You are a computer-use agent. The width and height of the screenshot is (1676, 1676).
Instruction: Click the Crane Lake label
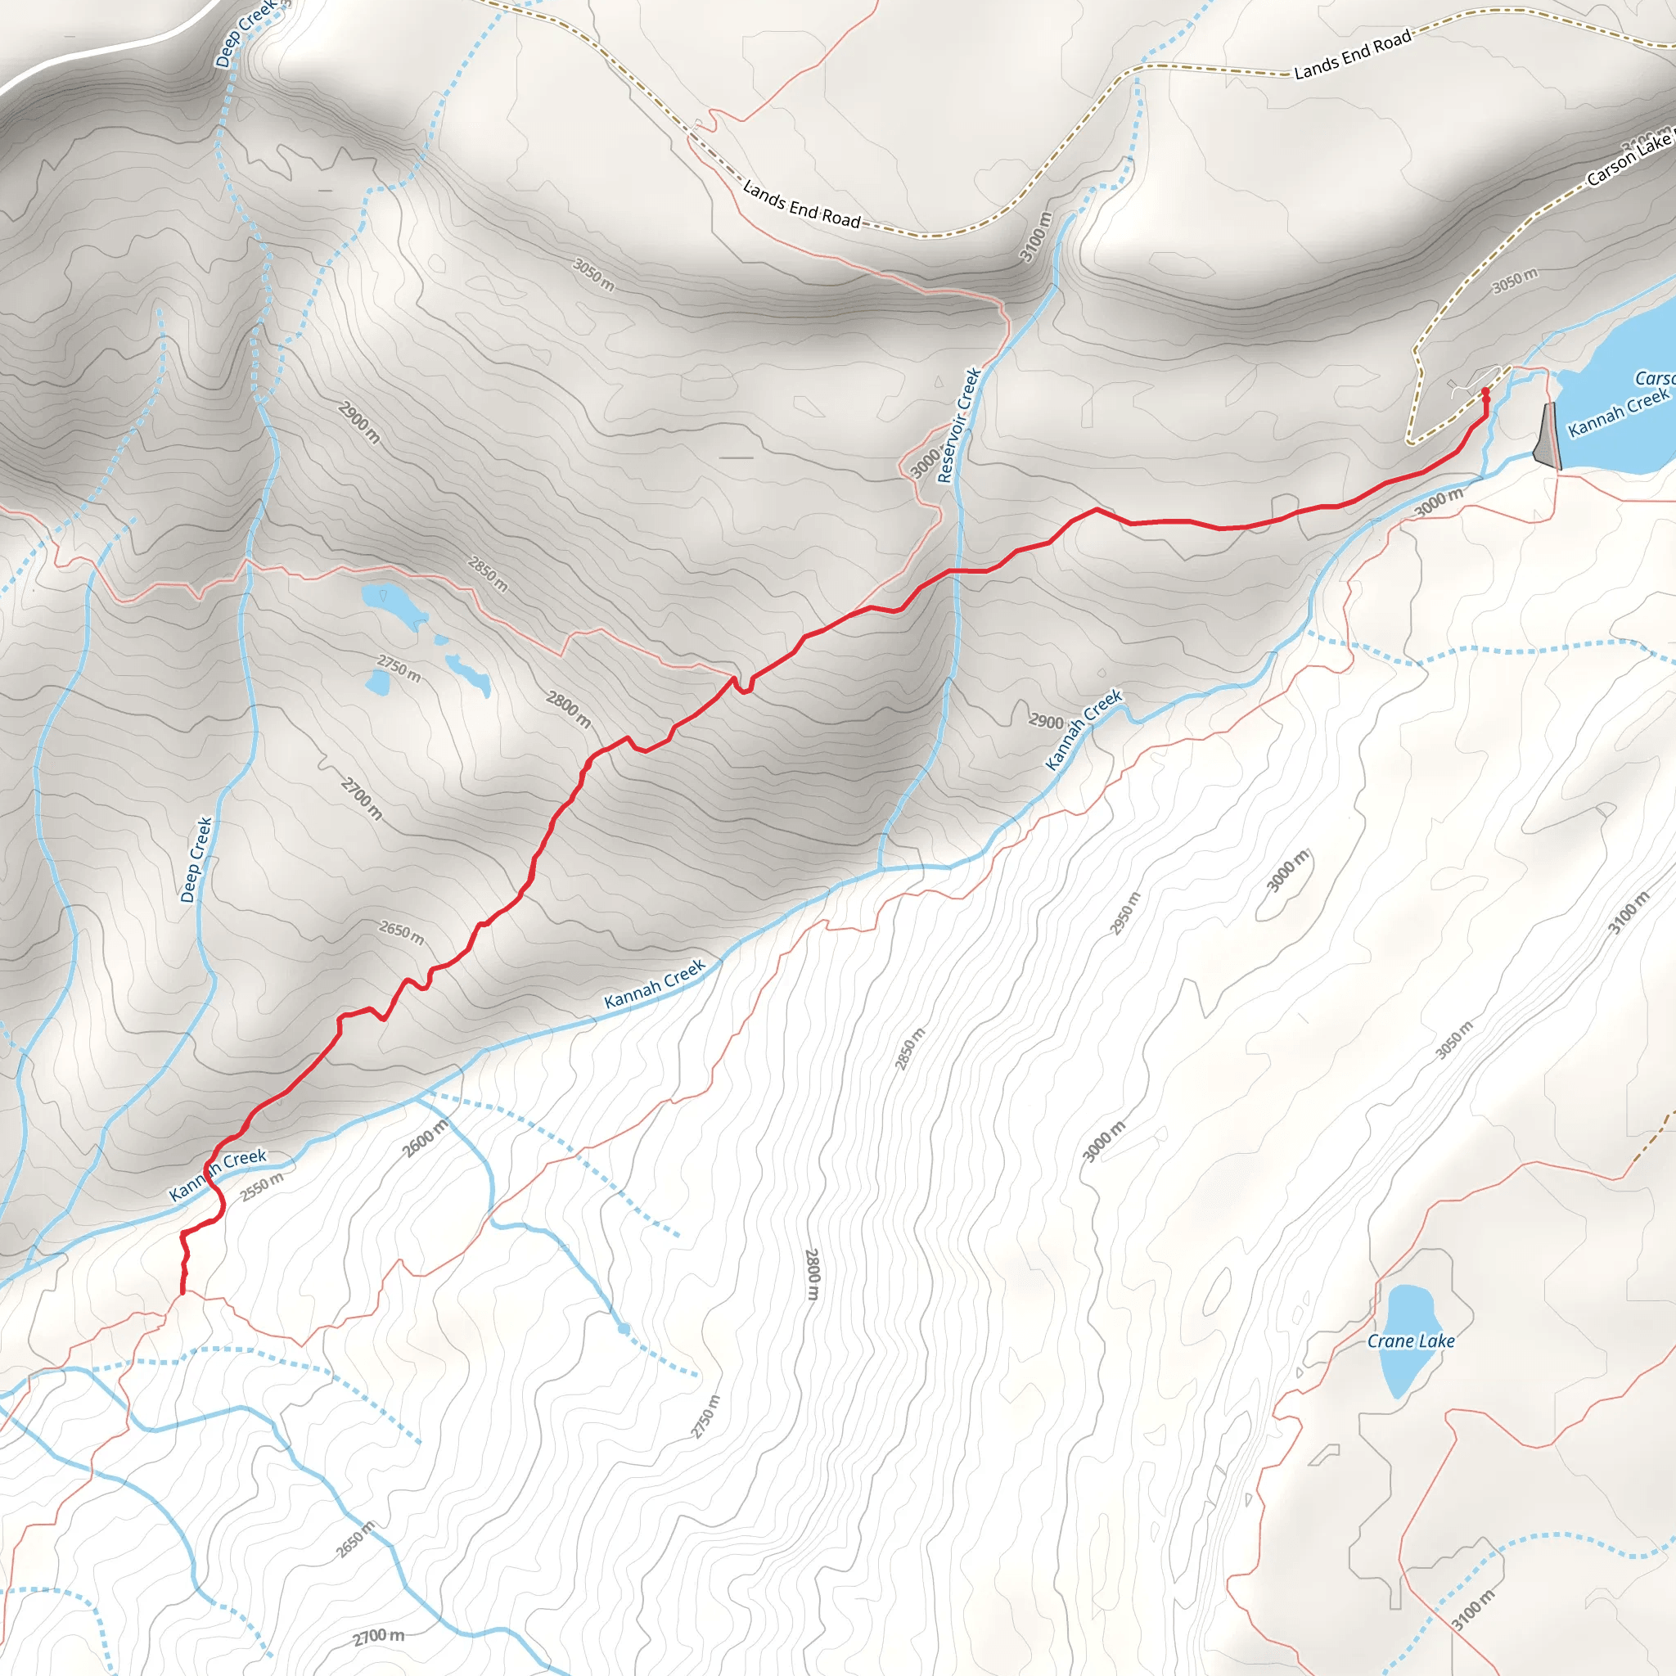pos(1411,1341)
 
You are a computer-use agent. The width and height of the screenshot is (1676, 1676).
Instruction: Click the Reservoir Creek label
pos(959,425)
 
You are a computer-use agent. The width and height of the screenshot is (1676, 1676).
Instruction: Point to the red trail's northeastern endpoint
pos(1485,392)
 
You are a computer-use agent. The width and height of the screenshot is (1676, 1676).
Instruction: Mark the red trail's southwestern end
pos(182,1292)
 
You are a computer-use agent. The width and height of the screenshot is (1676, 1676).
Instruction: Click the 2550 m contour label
pos(262,1187)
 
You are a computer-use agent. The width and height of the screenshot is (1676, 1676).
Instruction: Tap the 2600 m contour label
pos(426,1138)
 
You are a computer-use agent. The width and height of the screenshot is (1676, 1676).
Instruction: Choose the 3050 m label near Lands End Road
pos(594,275)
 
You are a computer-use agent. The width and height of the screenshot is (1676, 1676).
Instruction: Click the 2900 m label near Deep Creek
pos(359,422)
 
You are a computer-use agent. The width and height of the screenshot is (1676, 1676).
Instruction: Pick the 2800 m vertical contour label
pos(811,1273)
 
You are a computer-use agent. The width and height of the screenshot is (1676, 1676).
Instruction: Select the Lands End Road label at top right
pos(1353,55)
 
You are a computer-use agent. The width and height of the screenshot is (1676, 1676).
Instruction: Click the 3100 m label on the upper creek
pos(1035,237)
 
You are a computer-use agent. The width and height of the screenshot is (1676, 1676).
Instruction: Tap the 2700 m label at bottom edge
pos(378,1636)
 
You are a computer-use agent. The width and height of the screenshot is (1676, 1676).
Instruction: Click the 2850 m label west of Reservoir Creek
pos(488,574)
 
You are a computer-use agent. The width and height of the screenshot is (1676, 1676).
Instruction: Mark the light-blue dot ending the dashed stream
pos(624,1328)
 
